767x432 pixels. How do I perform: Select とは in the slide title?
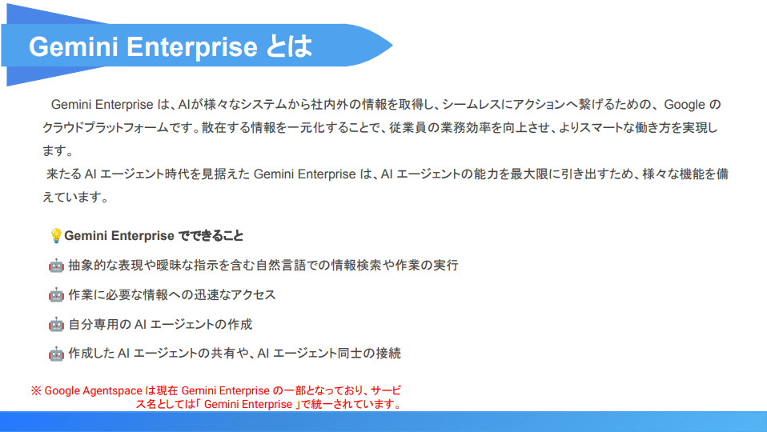[289, 46]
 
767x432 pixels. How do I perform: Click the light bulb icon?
[55, 236]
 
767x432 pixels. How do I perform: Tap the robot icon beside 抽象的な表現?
[56, 266]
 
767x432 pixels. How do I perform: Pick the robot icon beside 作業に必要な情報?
[56, 295]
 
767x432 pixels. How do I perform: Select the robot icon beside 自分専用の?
[56, 325]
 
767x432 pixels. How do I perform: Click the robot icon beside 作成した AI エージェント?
[56, 354]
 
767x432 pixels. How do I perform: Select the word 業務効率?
[473, 128]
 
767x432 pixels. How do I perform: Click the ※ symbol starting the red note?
[36, 390]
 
